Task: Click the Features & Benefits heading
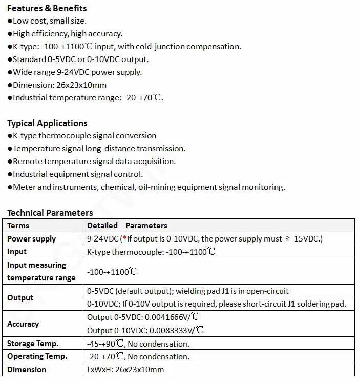click(x=47, y=8)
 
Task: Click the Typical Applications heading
click(x=47, y=123)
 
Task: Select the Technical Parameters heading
click(x=50, y=213)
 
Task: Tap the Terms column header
click(x=18, y=226)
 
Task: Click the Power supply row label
click(x=32, y=239)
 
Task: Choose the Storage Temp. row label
click(x=33, y=344)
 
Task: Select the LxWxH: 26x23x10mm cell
click(x=125, y=370)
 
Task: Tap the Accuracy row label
click(x=23, y=324)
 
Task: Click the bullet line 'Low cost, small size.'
click(x=49, y=21)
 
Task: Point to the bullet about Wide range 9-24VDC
click(x=77, y=72)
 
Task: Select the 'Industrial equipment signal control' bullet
click(x=77, y=174)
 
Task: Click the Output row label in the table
click(x=20, y=298)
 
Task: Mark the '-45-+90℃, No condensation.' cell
click(x=138, y=344)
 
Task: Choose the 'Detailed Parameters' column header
click(x=127, y=226)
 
